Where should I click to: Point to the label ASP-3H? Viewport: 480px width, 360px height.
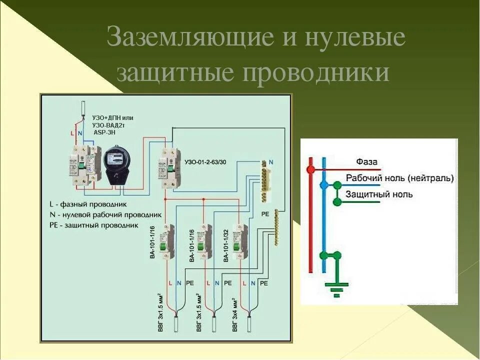[x=104, y=132]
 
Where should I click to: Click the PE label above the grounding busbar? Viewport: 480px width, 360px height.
[x=265, y=213]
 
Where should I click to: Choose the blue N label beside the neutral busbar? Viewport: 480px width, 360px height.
[x=271, y=163]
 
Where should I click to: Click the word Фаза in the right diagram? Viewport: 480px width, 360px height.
[x=366, y=161]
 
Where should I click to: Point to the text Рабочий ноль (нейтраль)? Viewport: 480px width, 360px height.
[x=400, y=178]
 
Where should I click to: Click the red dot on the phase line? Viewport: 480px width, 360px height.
[x=310, y=170]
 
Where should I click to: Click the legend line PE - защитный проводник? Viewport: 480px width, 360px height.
[x=93, y=225]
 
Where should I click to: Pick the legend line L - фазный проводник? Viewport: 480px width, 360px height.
[x=88, y=204]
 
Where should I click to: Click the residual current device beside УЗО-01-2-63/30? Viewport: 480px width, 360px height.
[x=169, y=168]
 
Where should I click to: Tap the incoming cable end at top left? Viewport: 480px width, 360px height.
[x=83, y=109]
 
